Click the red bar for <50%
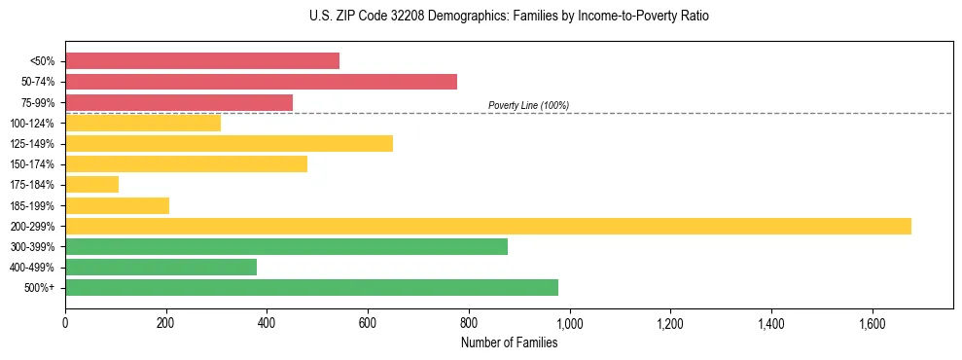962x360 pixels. click(202, 61)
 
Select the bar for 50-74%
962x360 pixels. click(261, 82)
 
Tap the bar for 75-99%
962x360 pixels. click(179, 102)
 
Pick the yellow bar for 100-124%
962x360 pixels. click(143, 123)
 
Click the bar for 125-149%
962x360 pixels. click(229, 144)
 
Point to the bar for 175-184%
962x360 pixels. click(91, 185)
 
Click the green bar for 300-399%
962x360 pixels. click(286, 247)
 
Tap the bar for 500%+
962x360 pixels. click(311, 288)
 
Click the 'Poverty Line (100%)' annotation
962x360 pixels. click(528, 105)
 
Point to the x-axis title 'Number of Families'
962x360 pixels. click(509, 343)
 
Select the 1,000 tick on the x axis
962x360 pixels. click(569, 322)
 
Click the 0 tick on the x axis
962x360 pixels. click(65, 322)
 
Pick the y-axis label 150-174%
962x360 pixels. click(32, 164)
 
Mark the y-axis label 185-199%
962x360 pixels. click(32, 206)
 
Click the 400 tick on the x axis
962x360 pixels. click(267, 322)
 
